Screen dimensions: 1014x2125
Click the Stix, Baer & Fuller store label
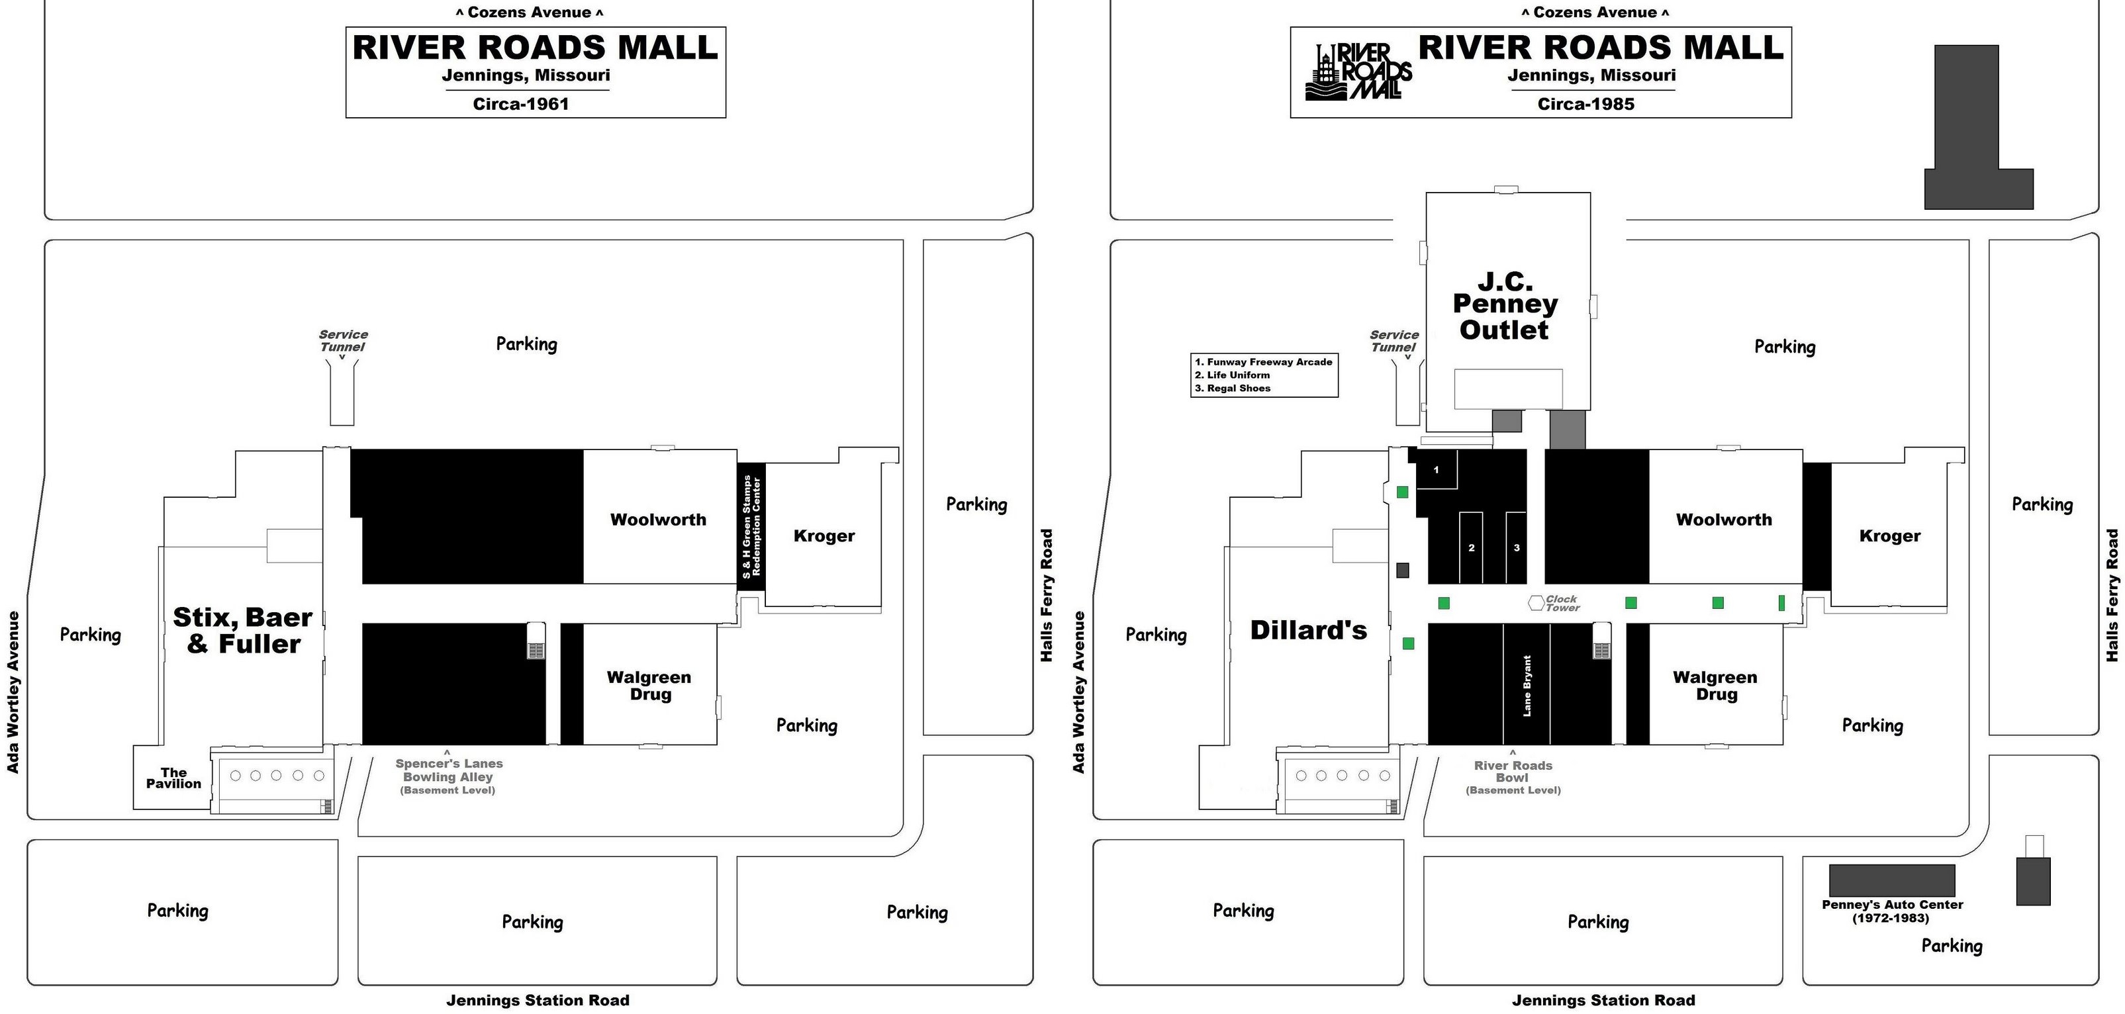pos(242,630)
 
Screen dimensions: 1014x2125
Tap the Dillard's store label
pos(1308,630)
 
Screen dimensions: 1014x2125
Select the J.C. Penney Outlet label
pos(1505,306)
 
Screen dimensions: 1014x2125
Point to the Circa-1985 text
pos(1585,104)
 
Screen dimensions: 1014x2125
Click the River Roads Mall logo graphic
pos(1358,71)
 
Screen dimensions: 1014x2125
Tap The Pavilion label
pos(173,778)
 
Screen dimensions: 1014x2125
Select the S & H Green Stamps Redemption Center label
pos(751,526)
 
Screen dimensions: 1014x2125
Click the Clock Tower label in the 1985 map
pos(1562,603)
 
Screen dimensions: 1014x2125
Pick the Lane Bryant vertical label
pos(1527,686)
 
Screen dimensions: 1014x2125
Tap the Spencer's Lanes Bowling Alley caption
pos(449,776)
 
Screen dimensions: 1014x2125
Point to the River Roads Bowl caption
pos(1513,776)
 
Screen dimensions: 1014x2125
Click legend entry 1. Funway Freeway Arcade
pos(1264,362)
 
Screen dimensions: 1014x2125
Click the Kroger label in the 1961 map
pos(824,536)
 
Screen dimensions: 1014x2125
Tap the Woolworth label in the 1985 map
pos(1723,520)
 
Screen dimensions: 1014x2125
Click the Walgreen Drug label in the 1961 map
pos(649,686)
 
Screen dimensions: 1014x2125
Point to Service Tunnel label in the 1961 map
pos(343,340)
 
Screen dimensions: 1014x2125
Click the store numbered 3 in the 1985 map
pos(1516,548)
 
